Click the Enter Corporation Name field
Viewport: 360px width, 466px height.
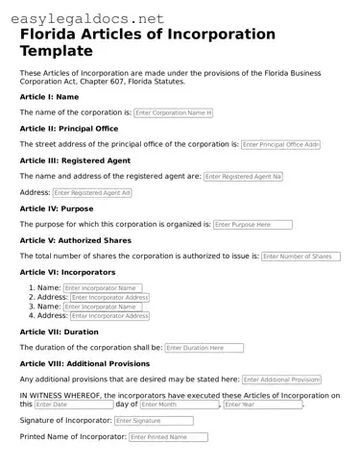(x=173, y=112)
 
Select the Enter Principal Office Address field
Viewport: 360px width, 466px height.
(x=280, y=144)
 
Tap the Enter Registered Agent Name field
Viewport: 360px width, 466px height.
(x=243, y=177)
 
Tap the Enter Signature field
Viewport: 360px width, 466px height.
(x=154, y=421)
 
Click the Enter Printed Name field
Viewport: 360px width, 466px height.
(x=168, y=437)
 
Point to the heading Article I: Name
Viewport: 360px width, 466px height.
(x=49, y=97)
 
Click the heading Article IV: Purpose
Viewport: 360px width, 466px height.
(x=57, y=208)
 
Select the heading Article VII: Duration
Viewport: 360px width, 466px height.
(x=59, y=331)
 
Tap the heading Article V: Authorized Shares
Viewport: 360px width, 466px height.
(x=75, y=240)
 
